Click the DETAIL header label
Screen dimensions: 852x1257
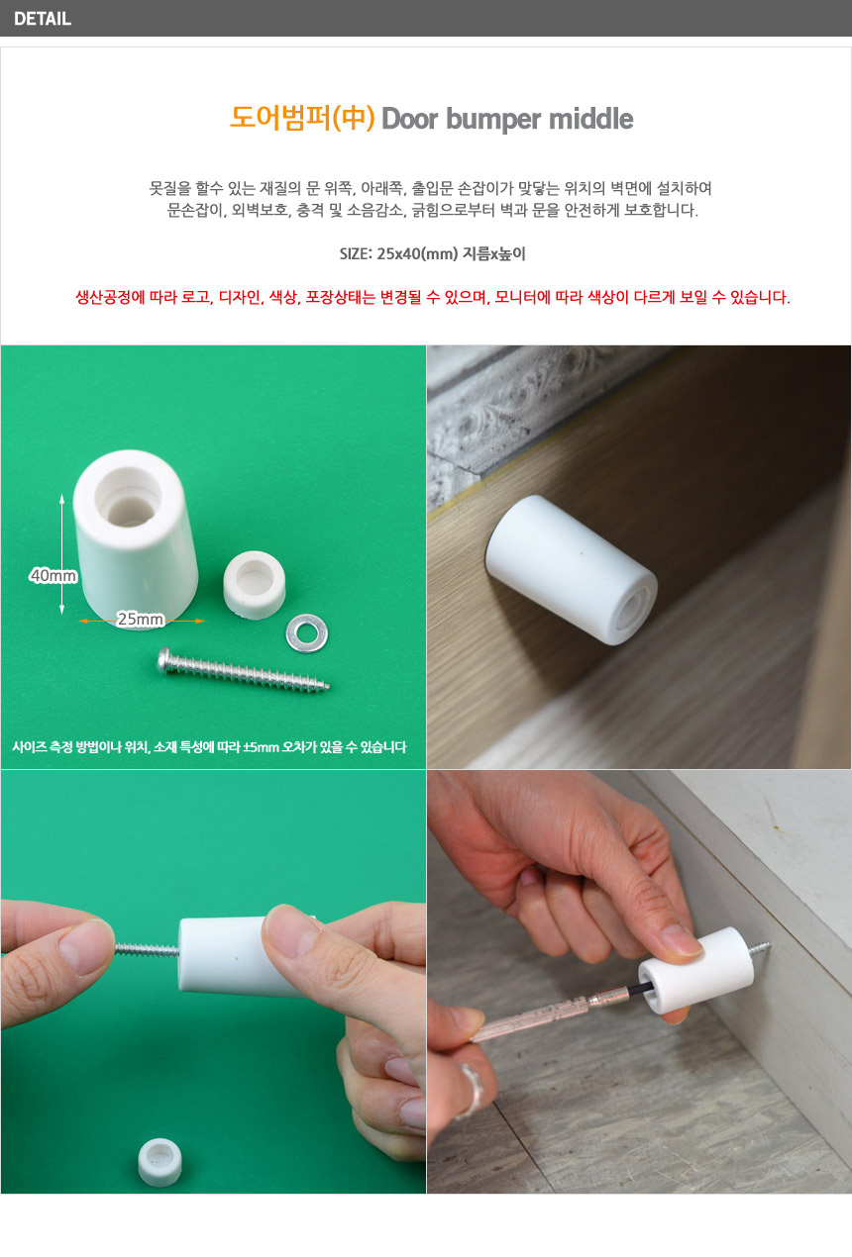click(43, 19)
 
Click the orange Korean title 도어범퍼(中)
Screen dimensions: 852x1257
click(302, 119)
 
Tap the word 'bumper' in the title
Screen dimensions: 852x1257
click(493, 119)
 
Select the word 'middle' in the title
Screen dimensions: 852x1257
click(590, 119)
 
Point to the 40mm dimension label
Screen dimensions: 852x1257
click(53, 575)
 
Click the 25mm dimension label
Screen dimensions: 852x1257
click(141, 619)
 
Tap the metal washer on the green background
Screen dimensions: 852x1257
click(307, 633)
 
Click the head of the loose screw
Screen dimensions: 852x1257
click(165, 659)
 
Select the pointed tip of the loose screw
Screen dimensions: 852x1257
click(328, 686)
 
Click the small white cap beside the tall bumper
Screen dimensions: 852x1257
click(254, 585)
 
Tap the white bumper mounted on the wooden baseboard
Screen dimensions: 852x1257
click(572, 569)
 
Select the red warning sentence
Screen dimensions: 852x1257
click(433, 297)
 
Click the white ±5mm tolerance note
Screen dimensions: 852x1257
click(209, 747)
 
